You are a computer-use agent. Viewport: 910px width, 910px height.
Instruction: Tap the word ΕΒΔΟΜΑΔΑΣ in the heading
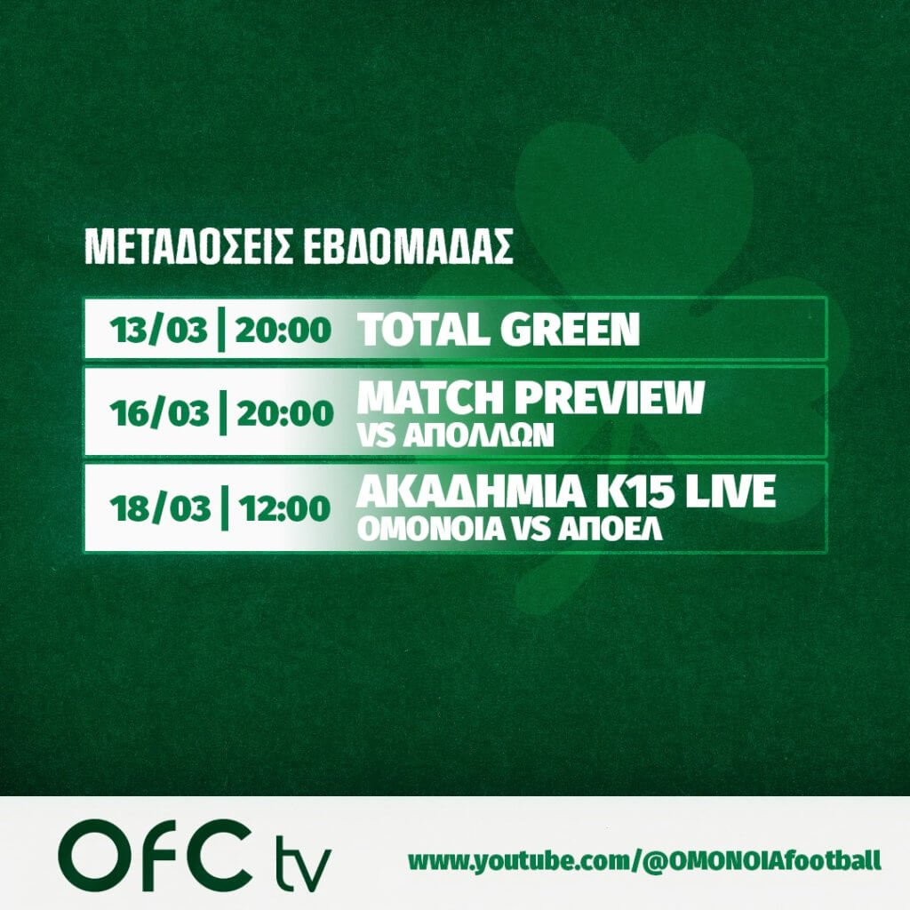click(408, 247)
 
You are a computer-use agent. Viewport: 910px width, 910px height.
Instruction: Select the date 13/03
click(158, 331)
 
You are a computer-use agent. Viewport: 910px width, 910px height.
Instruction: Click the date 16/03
click(159, 413)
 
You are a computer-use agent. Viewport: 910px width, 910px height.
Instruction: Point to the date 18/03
click(160, 508)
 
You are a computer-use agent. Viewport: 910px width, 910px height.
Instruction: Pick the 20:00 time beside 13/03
click(283, 331)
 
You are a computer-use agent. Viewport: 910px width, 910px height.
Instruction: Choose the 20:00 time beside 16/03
click(285, 413)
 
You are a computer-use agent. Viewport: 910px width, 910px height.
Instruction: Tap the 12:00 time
click(284, 508)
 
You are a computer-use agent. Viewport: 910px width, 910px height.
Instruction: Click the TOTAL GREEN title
click(499, 329)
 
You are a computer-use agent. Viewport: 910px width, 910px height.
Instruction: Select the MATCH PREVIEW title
click(531, 397)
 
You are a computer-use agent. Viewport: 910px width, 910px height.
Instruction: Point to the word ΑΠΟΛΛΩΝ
click(486, 435)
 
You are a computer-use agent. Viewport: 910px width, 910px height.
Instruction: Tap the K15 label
click(634, 491)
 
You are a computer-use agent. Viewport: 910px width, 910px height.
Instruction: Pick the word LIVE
click(730, 491)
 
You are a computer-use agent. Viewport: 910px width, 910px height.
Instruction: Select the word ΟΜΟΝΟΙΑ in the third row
click(431, 529)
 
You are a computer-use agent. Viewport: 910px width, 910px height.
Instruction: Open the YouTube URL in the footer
click(644, 861)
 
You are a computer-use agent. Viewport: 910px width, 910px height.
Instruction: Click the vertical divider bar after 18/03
click(223, 508)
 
